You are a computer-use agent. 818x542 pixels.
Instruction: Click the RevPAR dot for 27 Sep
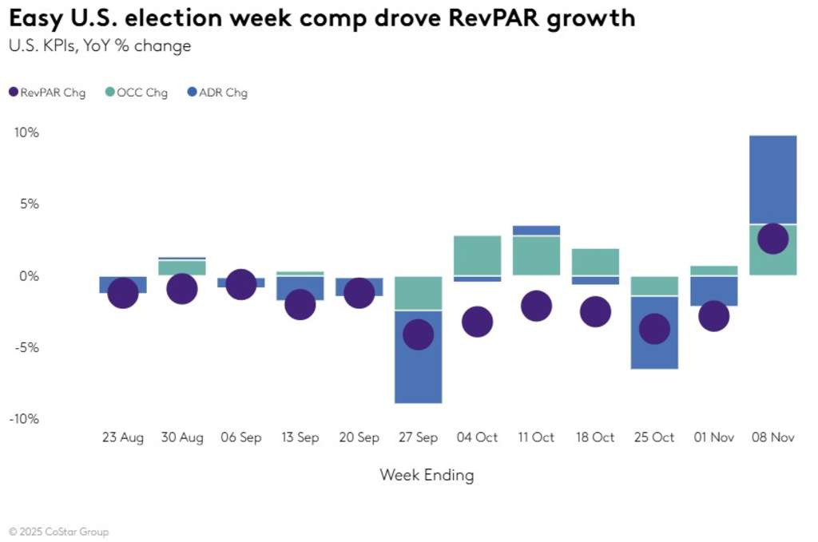pos(418,334)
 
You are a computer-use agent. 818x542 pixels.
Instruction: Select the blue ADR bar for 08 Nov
pos(772,179)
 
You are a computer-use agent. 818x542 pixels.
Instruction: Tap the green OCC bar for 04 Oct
pos(477,255)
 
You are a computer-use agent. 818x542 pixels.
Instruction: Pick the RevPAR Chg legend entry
pos(47,93)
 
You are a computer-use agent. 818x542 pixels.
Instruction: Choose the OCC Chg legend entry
pos(137,93)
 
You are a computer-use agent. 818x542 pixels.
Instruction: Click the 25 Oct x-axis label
pos(654,437)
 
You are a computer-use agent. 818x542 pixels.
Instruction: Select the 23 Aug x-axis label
pos(123,437)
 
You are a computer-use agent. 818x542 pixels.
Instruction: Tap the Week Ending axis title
pos(427,476)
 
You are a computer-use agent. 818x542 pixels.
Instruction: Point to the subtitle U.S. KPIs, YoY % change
pos(100,46)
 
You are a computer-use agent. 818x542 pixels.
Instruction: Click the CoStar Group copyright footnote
pos(59,532)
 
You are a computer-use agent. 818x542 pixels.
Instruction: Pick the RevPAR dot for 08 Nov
pos(772,239)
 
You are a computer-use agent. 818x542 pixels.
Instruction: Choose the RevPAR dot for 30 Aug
pos(181,289)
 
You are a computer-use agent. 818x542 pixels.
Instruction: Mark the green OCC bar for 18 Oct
pos(595,262)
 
